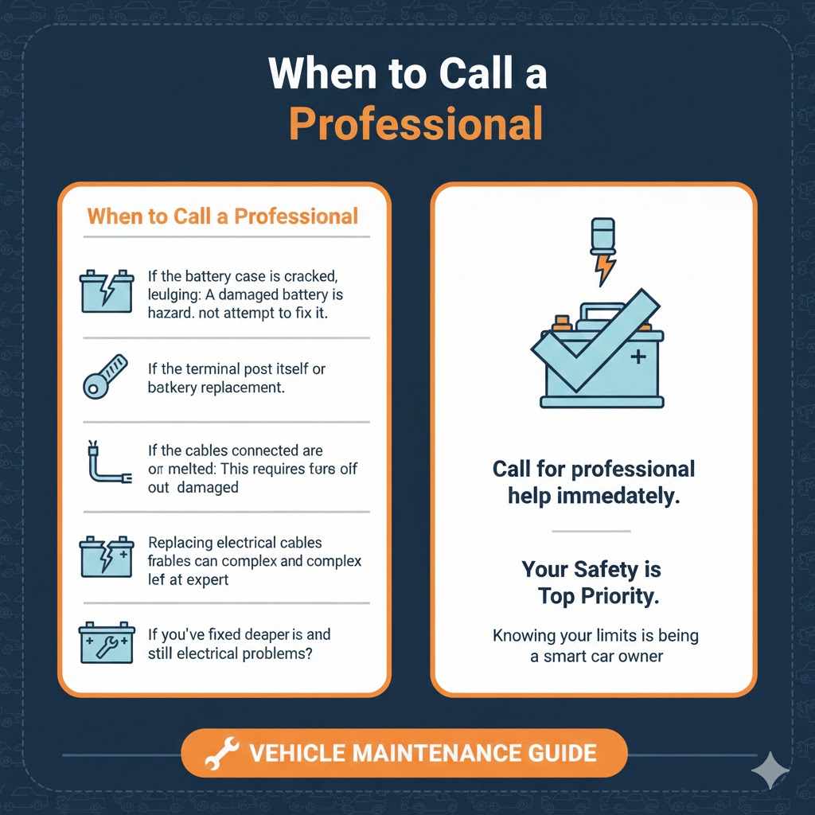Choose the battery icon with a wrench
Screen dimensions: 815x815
105,641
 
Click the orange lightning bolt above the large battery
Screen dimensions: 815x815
604,269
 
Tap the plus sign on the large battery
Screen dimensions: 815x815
638,358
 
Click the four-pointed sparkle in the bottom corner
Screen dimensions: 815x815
770,770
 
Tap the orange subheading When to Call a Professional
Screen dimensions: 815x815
223,216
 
